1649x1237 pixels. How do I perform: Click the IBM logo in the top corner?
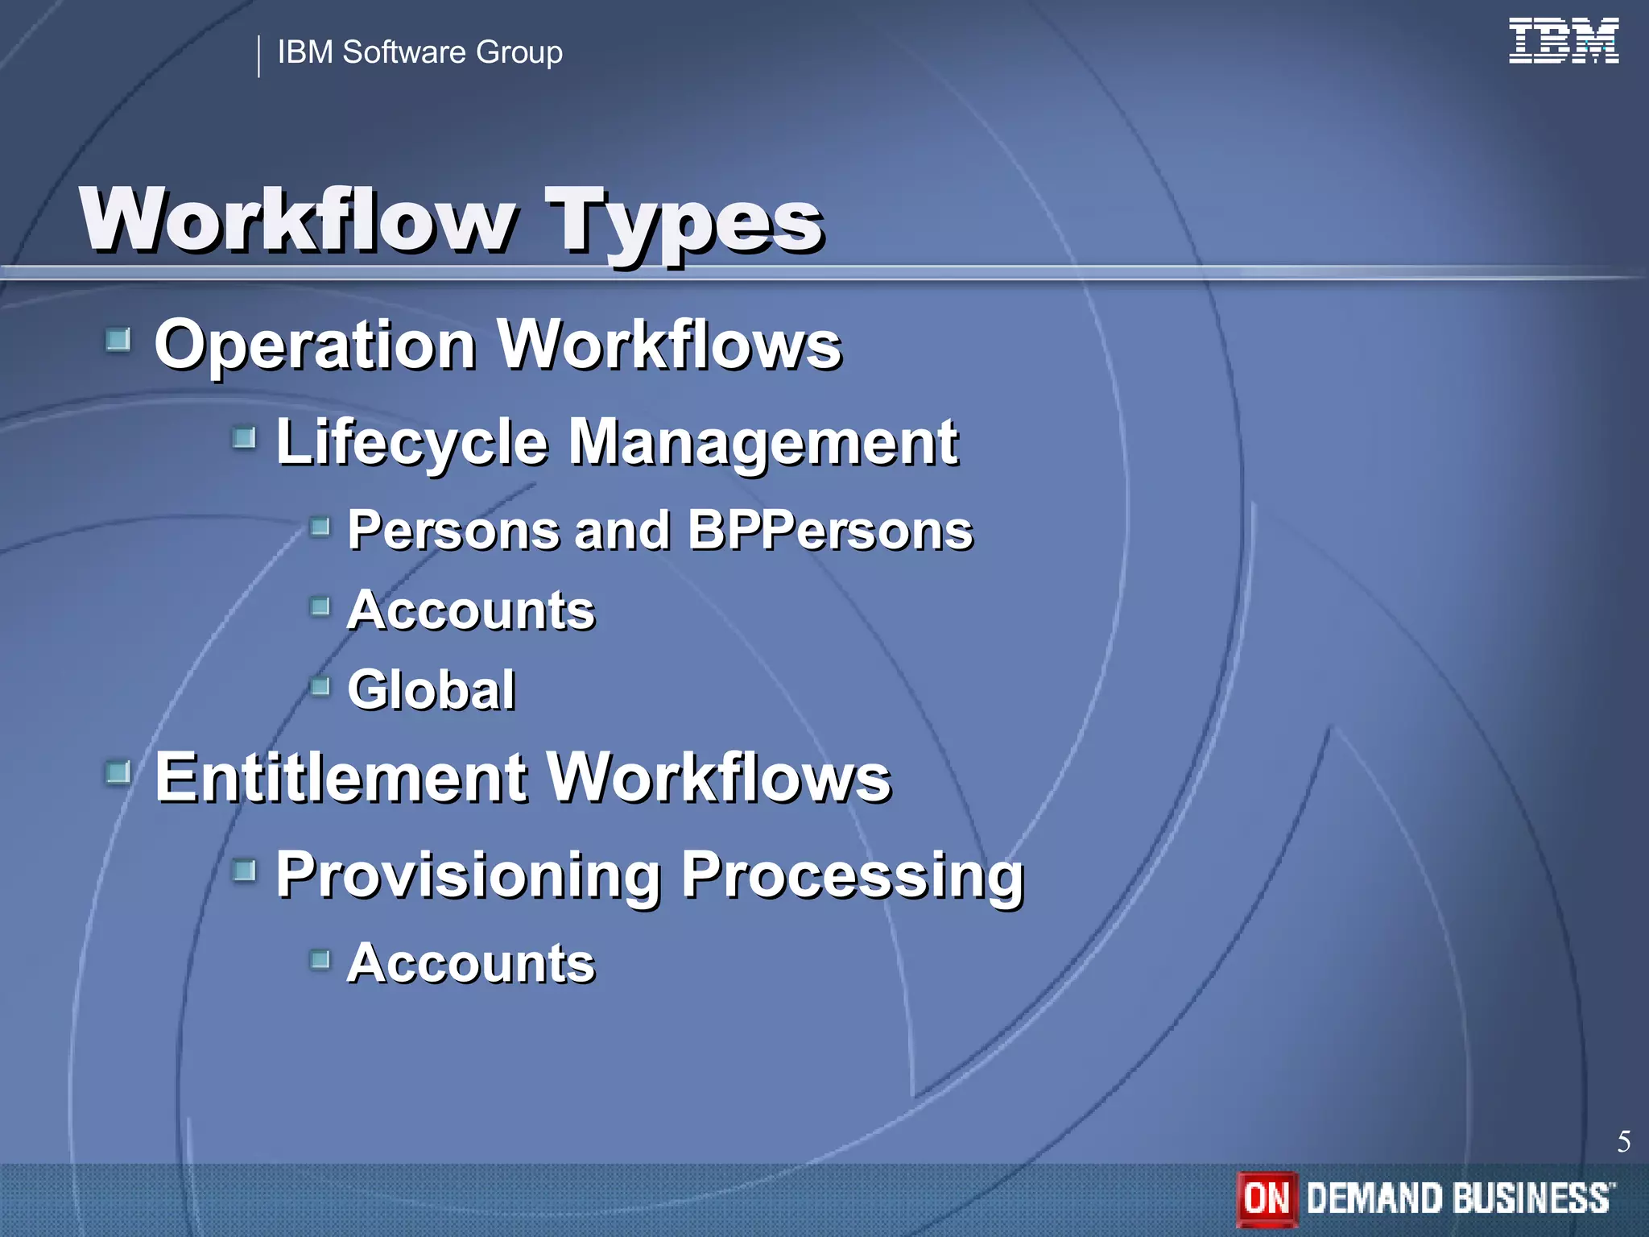[1563, 40]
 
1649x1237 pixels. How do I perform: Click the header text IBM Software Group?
[419, 52]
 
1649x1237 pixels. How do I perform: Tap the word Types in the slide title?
[684, 221]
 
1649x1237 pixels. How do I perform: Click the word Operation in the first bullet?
[315, 345]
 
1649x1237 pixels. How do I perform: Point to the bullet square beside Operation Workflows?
[118, 340]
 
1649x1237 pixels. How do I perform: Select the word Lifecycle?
[411, 443]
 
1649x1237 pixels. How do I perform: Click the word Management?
[763, 443]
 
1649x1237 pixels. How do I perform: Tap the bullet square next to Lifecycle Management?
[244, 438]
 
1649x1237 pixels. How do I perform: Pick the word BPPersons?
[830, 531]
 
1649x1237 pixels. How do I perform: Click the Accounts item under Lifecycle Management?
[471, 610]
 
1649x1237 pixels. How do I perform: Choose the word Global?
[432, 690]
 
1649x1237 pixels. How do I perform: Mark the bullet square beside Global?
[320, 686]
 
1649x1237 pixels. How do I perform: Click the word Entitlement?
[341, 778]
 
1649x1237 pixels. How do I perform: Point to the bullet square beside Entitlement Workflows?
[118, 773]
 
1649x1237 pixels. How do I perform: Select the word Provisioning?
[468, 875]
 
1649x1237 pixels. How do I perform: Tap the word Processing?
[853, 875]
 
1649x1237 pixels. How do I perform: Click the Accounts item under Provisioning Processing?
[471, 963]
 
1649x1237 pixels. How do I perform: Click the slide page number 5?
[1623, 1141]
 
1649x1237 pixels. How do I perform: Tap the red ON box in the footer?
[1267, 1198]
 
